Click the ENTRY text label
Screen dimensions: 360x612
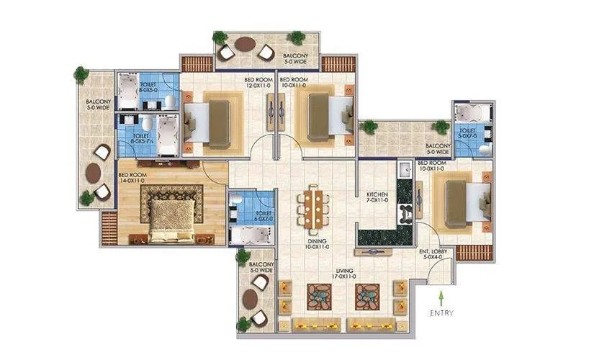(441, 313)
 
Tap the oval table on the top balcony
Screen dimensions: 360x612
(246, 44)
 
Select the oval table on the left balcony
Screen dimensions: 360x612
(94, 173)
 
